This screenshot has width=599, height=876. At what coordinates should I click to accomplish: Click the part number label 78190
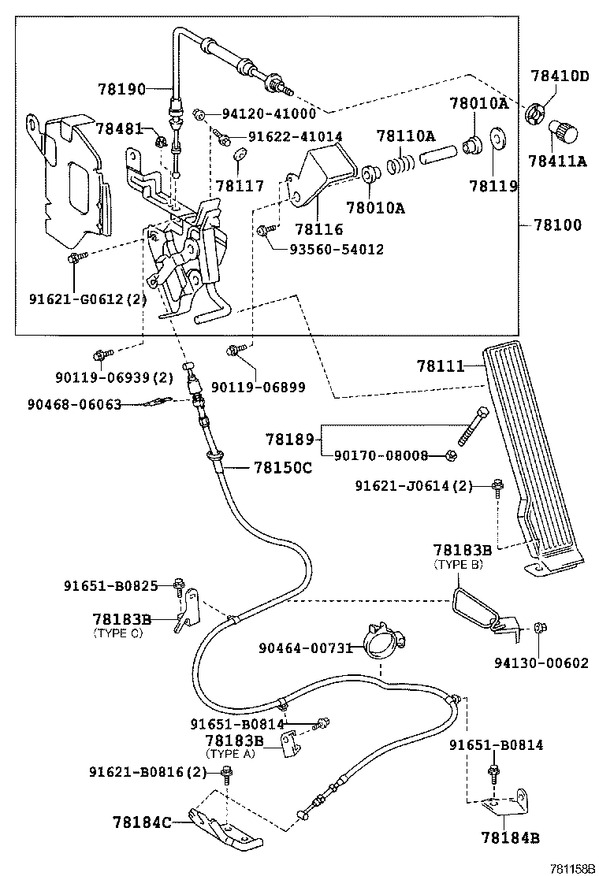coord(122,89)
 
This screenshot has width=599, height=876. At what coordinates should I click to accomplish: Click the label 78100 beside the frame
coord(556,225)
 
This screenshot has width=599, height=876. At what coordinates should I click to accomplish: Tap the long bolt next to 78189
coord(471,426)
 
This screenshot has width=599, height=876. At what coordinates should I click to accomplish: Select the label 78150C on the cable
coord(283,467)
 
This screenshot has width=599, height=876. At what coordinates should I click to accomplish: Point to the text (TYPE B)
coord(460,565)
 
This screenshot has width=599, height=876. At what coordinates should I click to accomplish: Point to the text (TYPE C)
coord(118,633)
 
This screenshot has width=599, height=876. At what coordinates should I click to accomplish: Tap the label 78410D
coord(559,76)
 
